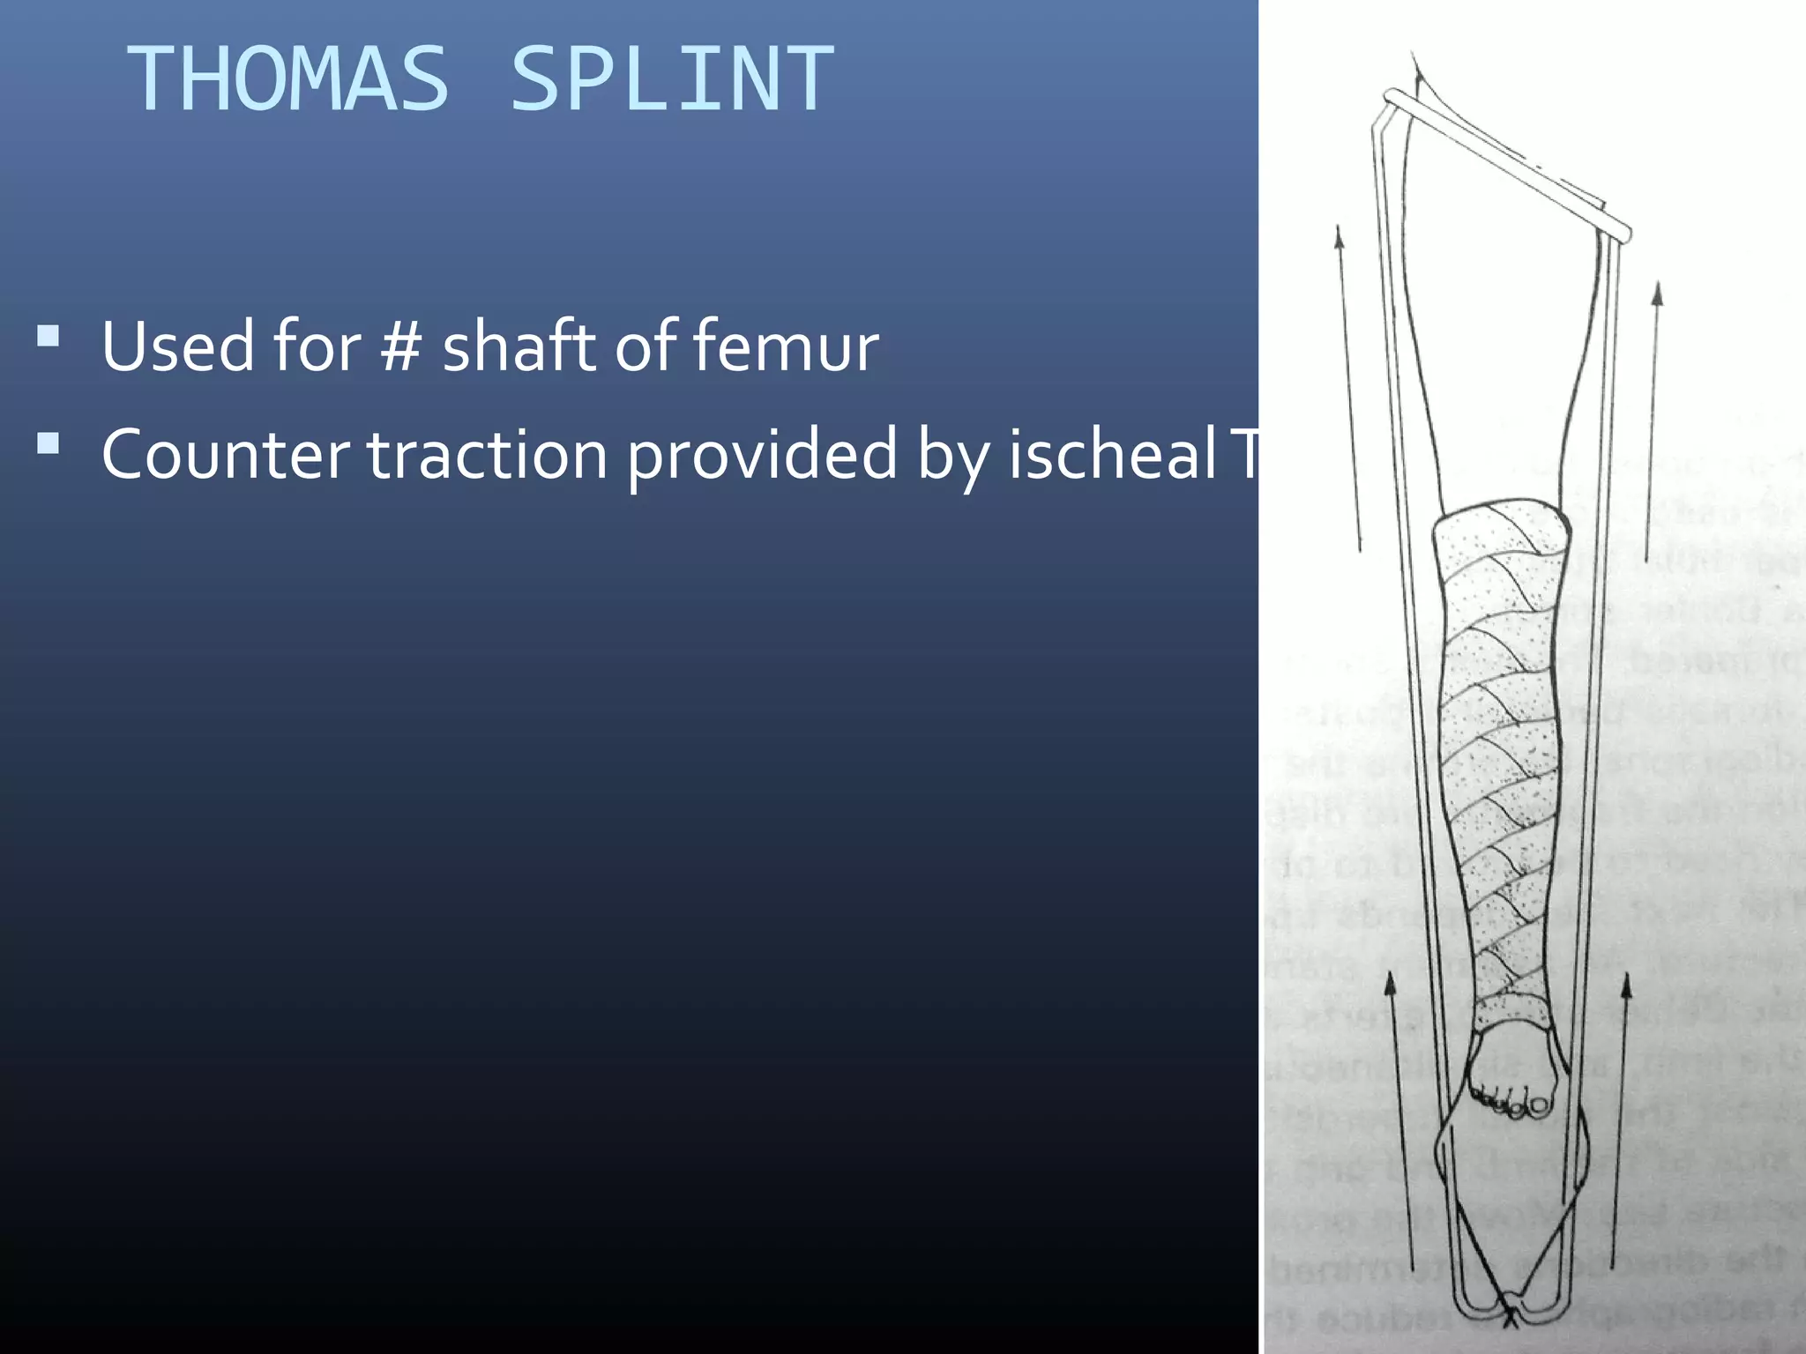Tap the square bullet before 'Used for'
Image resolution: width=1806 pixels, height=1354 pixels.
click(49, 336)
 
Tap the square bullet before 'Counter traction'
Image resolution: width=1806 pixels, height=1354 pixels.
click(49, 443)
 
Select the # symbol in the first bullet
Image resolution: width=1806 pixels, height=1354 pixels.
click(401, 346)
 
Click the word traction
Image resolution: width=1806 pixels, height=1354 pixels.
click(486, 455)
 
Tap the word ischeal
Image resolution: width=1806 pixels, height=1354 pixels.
click(1112, 455)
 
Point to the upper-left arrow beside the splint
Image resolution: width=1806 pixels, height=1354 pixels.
click(1348, 388)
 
